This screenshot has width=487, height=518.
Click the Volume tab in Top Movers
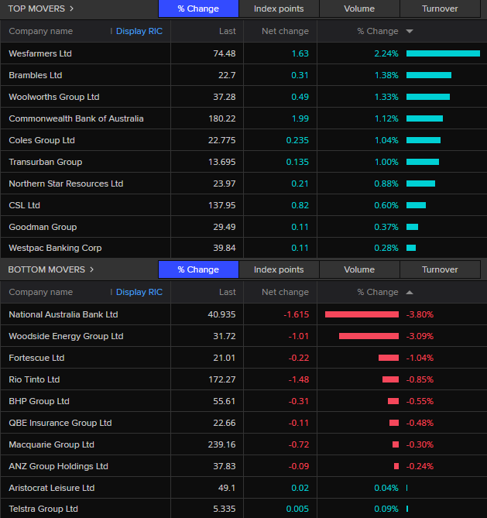359,9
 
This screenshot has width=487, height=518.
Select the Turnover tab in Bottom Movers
440,269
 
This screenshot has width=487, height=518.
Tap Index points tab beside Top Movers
279,9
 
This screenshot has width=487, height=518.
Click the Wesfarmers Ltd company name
40,53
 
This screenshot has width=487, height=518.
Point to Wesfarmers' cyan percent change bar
443,53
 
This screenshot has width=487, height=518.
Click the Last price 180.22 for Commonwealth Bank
222,118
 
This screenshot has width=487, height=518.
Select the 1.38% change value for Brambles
386,75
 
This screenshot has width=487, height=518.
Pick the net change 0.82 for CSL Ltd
300,205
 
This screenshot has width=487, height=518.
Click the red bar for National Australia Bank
362,314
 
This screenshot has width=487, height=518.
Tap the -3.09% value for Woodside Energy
420,336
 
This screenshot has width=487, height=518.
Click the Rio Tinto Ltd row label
34,379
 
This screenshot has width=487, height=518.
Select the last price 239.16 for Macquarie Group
221,444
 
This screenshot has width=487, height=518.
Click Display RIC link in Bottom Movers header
139,292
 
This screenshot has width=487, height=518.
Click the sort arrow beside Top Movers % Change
410,32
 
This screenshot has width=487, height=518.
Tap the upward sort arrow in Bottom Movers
410,293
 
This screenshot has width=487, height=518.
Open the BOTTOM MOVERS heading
46,269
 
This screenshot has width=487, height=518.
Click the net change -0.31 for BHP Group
299,401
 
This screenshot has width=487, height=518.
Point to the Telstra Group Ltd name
43,509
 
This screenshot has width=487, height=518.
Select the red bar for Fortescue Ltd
389,358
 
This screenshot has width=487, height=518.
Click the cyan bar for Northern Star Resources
420,184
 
